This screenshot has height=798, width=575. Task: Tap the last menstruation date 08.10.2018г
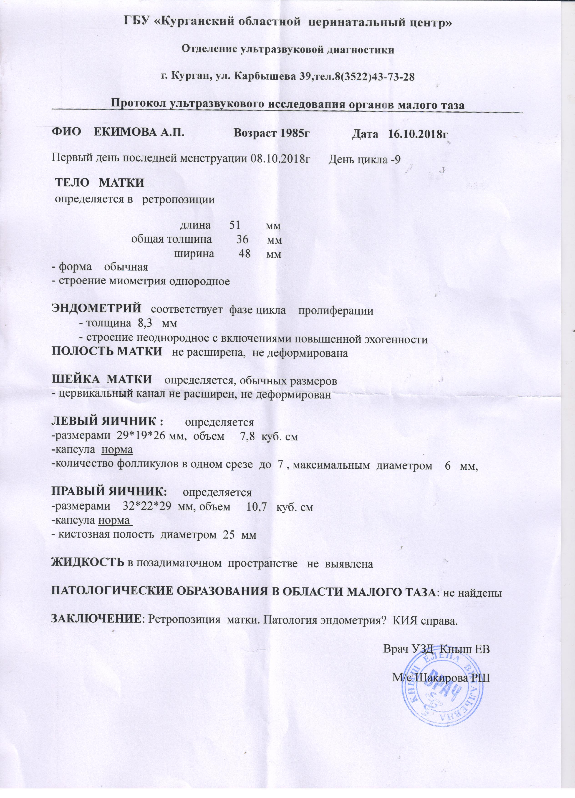[280, 159]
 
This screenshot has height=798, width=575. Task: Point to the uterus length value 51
[235, 225]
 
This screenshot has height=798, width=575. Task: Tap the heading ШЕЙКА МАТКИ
[102, 380]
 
